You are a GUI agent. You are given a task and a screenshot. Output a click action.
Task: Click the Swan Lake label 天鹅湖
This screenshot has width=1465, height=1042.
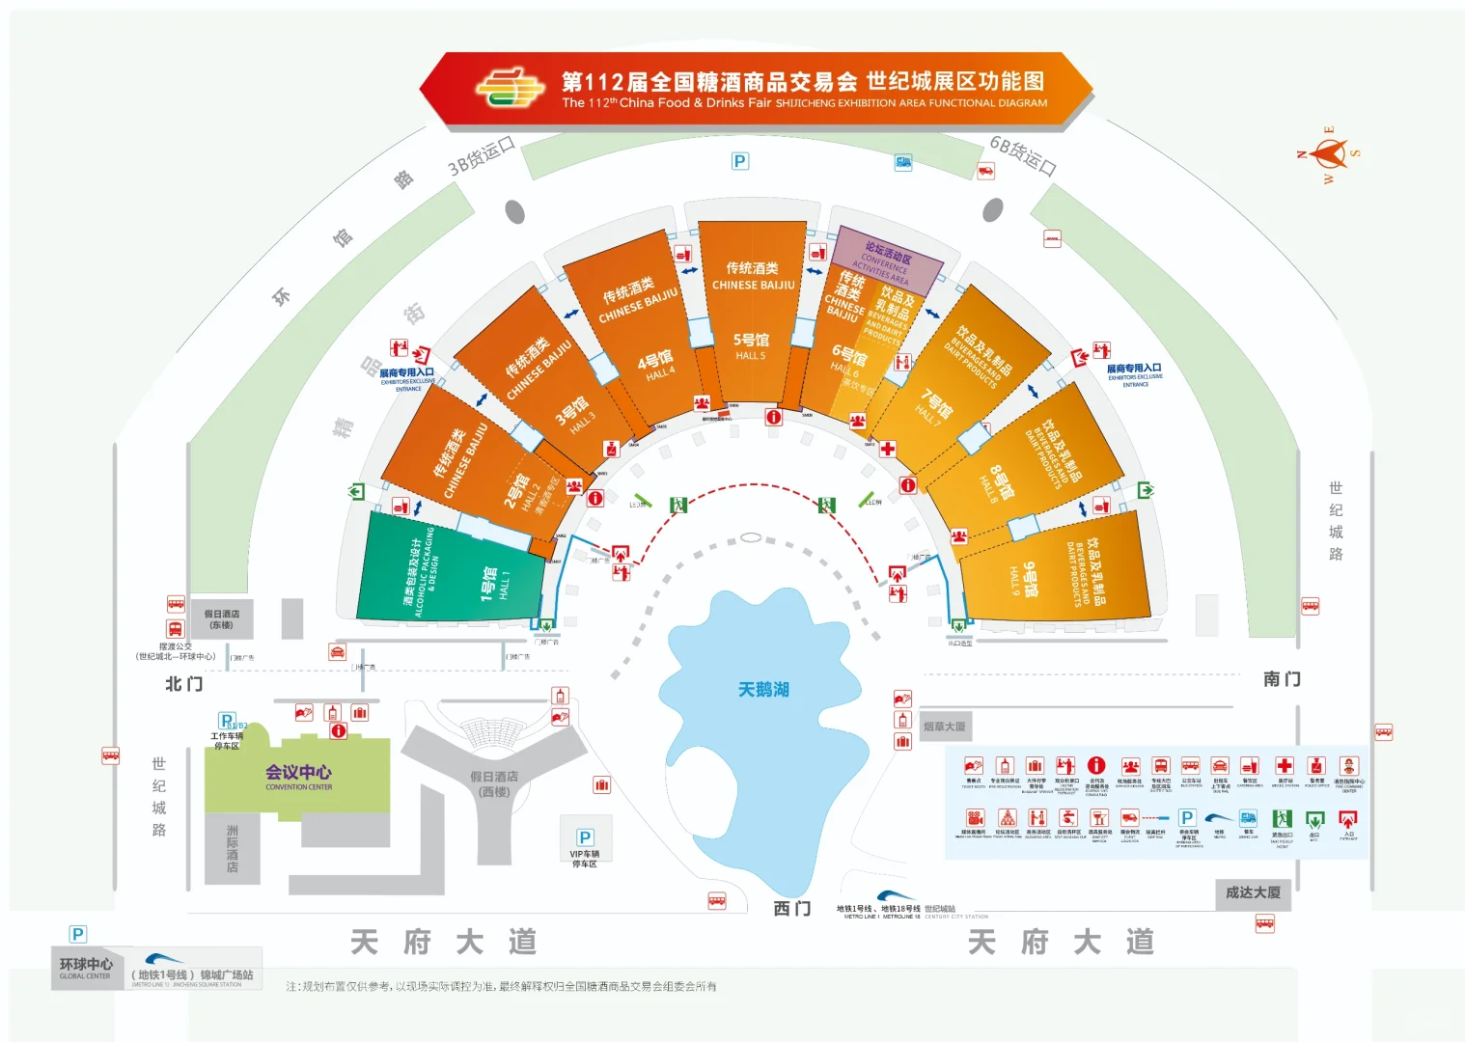pos(763,689)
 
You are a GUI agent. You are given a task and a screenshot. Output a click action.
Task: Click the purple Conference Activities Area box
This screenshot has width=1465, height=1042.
pos(887,260)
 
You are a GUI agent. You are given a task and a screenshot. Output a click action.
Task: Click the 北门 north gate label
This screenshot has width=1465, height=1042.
pos(183,684)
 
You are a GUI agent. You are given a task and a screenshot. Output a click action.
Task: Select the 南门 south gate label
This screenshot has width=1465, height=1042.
pos(1281,679)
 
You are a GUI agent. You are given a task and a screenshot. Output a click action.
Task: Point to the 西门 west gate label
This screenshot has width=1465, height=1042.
pos(791,909)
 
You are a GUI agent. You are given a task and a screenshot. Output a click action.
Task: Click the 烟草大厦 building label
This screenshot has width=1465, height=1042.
pos(944,727)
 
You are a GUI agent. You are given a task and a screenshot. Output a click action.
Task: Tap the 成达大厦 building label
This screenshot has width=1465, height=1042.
pos(1253,893)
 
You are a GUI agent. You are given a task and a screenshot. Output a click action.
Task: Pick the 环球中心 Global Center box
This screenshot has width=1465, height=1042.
pos(86,968)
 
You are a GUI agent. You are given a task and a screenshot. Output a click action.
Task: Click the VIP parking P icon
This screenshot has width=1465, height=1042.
pos(584,837)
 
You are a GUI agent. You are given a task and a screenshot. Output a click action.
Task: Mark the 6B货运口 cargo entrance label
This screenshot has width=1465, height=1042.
pos(1023,154)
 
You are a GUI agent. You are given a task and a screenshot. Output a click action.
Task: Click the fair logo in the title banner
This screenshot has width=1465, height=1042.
pos(510,88)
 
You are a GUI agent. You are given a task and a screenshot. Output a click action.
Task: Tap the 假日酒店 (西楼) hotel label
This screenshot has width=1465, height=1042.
pos(494,783)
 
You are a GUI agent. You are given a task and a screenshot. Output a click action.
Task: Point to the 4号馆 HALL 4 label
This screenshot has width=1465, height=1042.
pos(656,366)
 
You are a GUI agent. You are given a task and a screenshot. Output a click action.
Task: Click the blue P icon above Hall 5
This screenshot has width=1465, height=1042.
pos(740,161)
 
